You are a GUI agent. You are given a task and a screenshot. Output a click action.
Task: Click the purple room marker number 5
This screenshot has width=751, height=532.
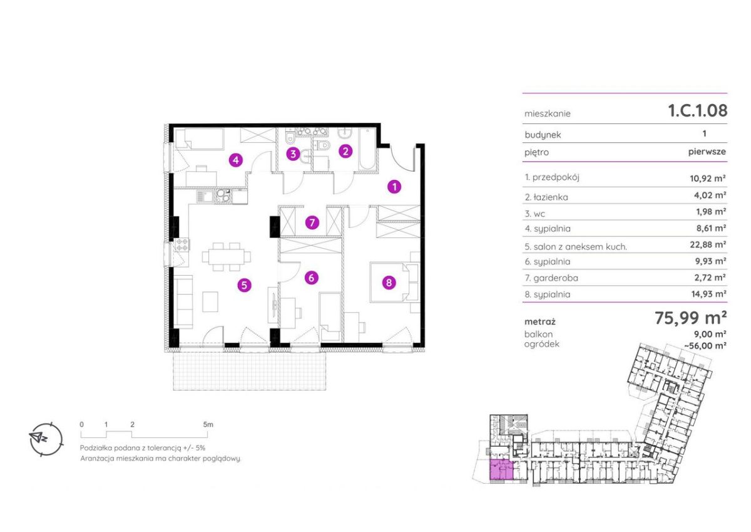[245, 285]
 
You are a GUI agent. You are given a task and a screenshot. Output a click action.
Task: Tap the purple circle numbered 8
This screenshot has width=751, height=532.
[389, 283]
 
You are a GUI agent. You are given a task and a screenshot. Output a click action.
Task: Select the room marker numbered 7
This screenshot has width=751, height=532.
[312, 222]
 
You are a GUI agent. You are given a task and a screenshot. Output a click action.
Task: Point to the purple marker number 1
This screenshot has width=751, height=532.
[394, 187]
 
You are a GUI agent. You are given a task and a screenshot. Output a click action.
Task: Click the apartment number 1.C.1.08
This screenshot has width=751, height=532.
[698, 110]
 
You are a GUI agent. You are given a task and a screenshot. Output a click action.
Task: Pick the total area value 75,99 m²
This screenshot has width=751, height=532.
[691, 318]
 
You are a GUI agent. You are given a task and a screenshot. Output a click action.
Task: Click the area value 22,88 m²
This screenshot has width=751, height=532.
[708, 244]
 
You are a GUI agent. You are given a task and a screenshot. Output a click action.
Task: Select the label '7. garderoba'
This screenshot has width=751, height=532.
[551, 278]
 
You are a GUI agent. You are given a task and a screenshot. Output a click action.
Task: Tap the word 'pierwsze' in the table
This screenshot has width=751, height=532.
[707, 152]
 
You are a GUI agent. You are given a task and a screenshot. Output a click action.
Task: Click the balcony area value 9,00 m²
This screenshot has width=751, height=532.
[710, 334]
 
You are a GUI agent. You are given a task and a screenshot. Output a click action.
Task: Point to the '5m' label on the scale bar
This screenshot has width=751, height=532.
[208, 424]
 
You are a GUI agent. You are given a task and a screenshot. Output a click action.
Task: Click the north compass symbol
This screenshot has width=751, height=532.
[46, 439]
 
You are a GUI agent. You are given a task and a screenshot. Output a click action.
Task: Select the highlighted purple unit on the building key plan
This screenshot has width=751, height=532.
[501, 470]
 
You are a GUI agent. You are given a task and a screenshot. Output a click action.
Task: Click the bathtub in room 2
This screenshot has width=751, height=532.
[367, 149]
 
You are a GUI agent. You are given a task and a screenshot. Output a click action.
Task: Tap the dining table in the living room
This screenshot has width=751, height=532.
[227, 257]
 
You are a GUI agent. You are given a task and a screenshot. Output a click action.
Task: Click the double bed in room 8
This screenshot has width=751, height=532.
[390, 283]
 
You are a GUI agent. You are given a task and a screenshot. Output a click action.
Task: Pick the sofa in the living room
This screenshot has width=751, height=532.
[183, 302]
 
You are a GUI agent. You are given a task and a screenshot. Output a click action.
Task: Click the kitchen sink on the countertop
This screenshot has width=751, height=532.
[205, 196]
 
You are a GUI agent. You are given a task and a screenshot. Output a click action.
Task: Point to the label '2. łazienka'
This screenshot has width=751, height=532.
[546, 197]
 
